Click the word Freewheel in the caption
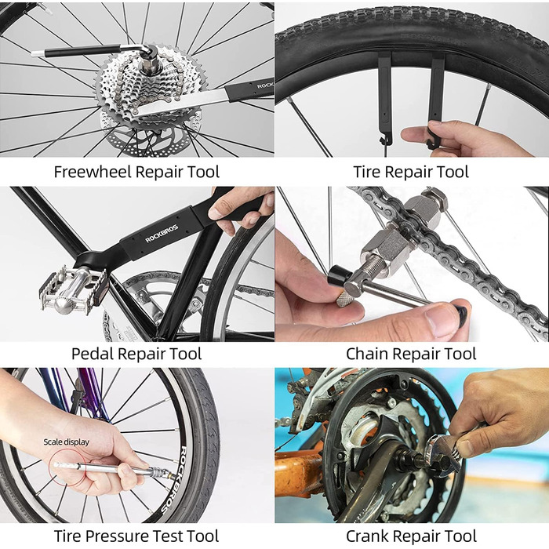tap(93, 172)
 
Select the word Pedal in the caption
tap(92, 354)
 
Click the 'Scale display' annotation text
tap(67, 442)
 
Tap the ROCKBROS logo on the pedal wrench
tap(162, 234)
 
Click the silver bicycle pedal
tap(73, 289)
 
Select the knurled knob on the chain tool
tap(345, 298)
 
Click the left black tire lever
tap(384, 100)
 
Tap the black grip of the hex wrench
tap(83, 52)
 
